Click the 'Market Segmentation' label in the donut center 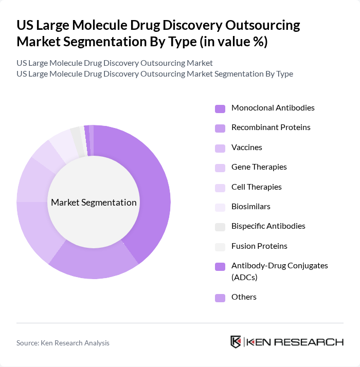(x=94, y=202)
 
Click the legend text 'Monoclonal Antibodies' (x=273, y=108)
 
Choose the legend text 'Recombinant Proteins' (x=271, y=127)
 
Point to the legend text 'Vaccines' (x=246, y=148)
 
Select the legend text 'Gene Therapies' (x=259, y=167)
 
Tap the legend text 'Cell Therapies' (x=256, y=187)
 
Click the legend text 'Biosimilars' (x=250, y=207)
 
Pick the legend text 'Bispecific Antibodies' (x=268, y=226)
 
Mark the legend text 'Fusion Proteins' (x=259, y=246)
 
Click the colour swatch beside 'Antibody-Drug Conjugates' (x=220, y=267)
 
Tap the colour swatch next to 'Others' (x=220, y=298)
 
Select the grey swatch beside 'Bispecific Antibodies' (x=220, y=227)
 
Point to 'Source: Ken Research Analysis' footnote (x=63, y=343)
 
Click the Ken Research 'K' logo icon (x=236, y=342)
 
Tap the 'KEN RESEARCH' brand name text (x=295, y=342)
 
